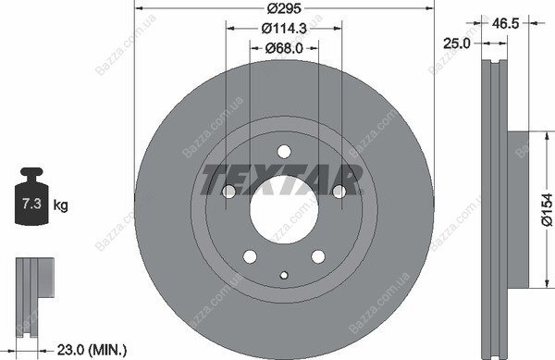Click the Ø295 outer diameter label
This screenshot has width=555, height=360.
tap(284, 8)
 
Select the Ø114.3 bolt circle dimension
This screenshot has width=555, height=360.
tap(284, 29)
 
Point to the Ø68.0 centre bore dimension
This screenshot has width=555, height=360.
tap(284, 48)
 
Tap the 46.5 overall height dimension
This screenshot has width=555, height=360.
tap(505, 23)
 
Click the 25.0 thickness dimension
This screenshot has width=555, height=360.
tap(457, 43)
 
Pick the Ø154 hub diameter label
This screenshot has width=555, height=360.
tap(547, 209)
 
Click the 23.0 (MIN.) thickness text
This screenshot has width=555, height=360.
tap(92, 350)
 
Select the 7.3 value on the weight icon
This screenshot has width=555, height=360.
tap(31, 204)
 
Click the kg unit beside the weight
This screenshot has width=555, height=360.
tap(60, 205)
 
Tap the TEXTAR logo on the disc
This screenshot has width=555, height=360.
tap(282, 180)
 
